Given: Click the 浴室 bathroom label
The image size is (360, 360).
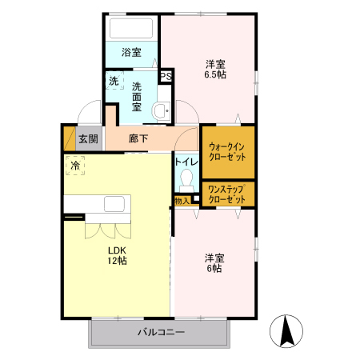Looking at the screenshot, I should click(131, 53).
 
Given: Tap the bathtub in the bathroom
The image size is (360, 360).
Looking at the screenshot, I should click(132, 30).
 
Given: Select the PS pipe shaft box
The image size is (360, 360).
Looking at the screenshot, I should click(167, 77).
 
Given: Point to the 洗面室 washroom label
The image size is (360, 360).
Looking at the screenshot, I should click(137, 96).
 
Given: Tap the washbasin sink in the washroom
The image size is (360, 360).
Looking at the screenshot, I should click(162, 110).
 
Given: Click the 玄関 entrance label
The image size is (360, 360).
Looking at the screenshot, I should click(88, 138).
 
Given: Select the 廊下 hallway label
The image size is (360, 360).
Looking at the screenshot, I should click(138, 138).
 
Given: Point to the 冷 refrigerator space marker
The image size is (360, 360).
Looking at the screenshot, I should click(75, 166).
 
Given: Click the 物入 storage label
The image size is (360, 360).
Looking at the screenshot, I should click(182, 200).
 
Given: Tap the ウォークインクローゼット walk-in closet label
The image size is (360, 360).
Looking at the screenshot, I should click(227, 152).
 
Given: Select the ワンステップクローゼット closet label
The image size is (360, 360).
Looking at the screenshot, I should click(227, 194).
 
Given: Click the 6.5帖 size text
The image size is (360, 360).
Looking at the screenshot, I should click(214, 75).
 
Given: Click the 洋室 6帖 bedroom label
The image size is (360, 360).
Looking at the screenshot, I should click(214, 263).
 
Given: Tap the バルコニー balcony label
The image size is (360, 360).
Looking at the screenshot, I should click(160, 331).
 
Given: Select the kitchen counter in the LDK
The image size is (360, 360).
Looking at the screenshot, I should click(104, 206).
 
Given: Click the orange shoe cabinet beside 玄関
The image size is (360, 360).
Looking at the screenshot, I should click(69, 138).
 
